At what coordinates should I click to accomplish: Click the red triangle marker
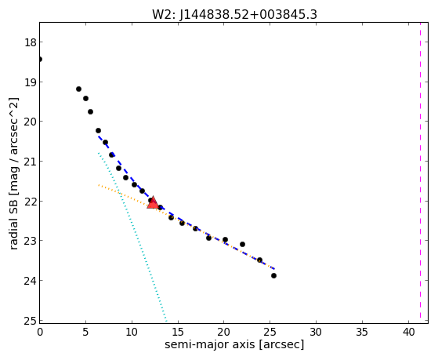coord(153,203)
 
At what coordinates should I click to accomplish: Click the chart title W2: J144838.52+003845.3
coord(234,15)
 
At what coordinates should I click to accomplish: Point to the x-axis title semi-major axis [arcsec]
coord(234,344)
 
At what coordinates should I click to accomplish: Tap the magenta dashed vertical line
coord(420,170)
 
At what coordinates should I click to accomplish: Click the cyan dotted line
coord(132,237)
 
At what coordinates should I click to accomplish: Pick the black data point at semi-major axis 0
coord(40,59)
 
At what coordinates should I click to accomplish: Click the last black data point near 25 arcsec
coord(273,276)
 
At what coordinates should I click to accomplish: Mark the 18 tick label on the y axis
coord(30,42)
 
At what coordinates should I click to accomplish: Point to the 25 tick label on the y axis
coord(30,321)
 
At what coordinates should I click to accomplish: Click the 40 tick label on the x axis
coord(408,332)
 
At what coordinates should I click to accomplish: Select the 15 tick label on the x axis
coord(178,332)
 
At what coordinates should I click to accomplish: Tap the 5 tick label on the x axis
coord(85,332)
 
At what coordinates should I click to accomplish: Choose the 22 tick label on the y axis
coord(30,202)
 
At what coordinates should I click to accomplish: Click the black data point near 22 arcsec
coord(242,244)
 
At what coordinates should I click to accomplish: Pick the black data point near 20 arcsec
coord(225,240)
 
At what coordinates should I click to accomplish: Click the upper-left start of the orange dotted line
coord(98,185)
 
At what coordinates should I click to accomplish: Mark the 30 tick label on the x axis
coord(317,332)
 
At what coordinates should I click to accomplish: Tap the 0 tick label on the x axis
coord(40,332)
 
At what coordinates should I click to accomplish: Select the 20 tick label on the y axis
coord(30,122)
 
